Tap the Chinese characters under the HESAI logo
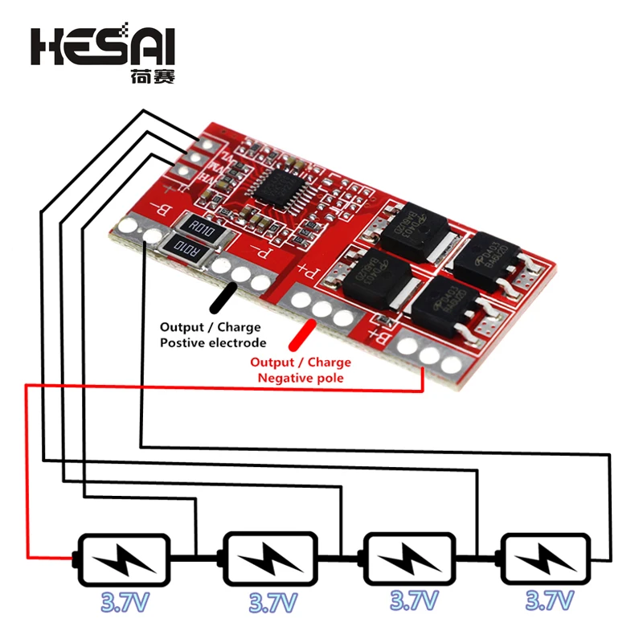(x=152, y=78)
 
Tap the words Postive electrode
(x=212, y=343)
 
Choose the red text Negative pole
(x=301, y=378)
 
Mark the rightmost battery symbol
(x=549, y=558)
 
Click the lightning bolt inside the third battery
(x=410, y=558)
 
